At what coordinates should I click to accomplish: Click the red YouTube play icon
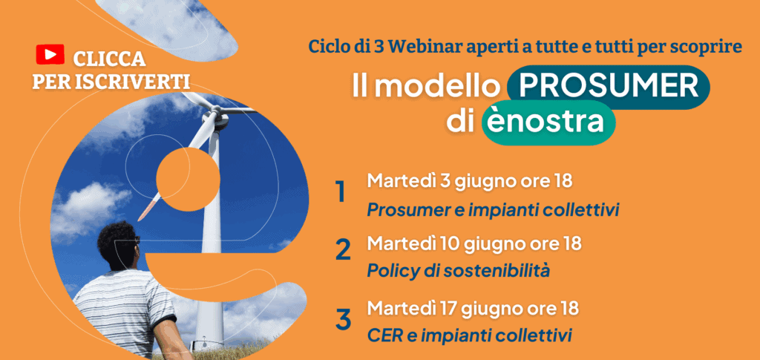pos(50,54)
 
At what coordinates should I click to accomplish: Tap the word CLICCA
pos(110,59)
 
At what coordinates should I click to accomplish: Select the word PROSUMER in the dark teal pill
pos(609,86)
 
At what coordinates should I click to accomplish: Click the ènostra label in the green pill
pos(547,122)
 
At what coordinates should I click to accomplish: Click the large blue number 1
pos(341,192)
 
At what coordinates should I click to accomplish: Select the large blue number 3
pos(343,319)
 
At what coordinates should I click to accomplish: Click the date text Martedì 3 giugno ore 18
pos(470,182)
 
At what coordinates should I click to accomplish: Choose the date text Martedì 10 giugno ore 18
pos(474,243)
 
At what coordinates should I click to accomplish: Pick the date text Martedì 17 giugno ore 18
pos(473,308)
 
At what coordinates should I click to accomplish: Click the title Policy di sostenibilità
pos(459,272)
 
